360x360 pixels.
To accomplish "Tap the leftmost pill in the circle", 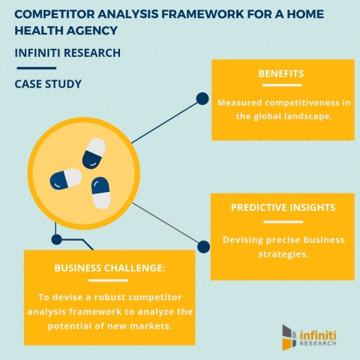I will (65, 180).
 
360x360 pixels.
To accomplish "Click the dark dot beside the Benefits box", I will (202, 97).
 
